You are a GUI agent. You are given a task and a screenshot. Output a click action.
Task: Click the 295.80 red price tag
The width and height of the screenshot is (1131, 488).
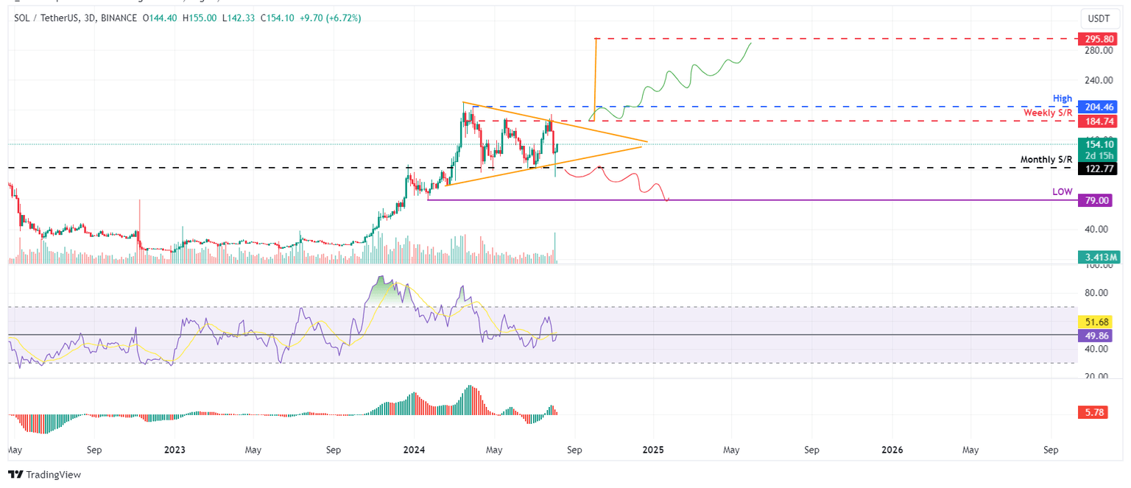tap(1096, 38)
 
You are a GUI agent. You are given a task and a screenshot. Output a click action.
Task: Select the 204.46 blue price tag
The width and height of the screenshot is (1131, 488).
tap(1096, 107)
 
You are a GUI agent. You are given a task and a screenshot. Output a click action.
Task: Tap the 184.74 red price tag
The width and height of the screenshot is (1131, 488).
tap(1096, 120)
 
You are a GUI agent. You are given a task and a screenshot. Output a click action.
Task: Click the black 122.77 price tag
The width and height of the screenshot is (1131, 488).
tap(1096, 169)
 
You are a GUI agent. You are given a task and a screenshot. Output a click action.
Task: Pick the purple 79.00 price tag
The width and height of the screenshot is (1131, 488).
tap(1096, 200)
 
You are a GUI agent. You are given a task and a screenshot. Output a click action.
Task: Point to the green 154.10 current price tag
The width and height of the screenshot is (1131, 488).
tap(1096, 144)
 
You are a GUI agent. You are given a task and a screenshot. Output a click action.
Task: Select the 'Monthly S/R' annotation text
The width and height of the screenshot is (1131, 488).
tap(1046, 160)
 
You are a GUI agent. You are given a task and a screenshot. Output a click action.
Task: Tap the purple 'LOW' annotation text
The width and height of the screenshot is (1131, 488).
tap(1062, 191)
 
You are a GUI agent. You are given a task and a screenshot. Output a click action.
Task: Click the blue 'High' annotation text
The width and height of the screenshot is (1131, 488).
tap(1063, 98)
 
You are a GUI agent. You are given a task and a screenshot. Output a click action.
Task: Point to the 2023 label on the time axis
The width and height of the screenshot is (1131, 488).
tap(175, 449)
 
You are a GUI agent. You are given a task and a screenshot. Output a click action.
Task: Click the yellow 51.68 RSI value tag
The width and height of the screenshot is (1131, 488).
tap(1096, 322)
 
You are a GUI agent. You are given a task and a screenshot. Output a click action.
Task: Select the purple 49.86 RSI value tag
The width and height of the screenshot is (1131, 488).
tap(1096, 335)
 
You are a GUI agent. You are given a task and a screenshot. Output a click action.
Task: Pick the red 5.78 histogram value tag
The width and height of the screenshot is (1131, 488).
tap(1096, 414)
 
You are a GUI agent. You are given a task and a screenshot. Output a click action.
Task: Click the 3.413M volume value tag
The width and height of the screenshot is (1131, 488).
tap(1097, 257)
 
